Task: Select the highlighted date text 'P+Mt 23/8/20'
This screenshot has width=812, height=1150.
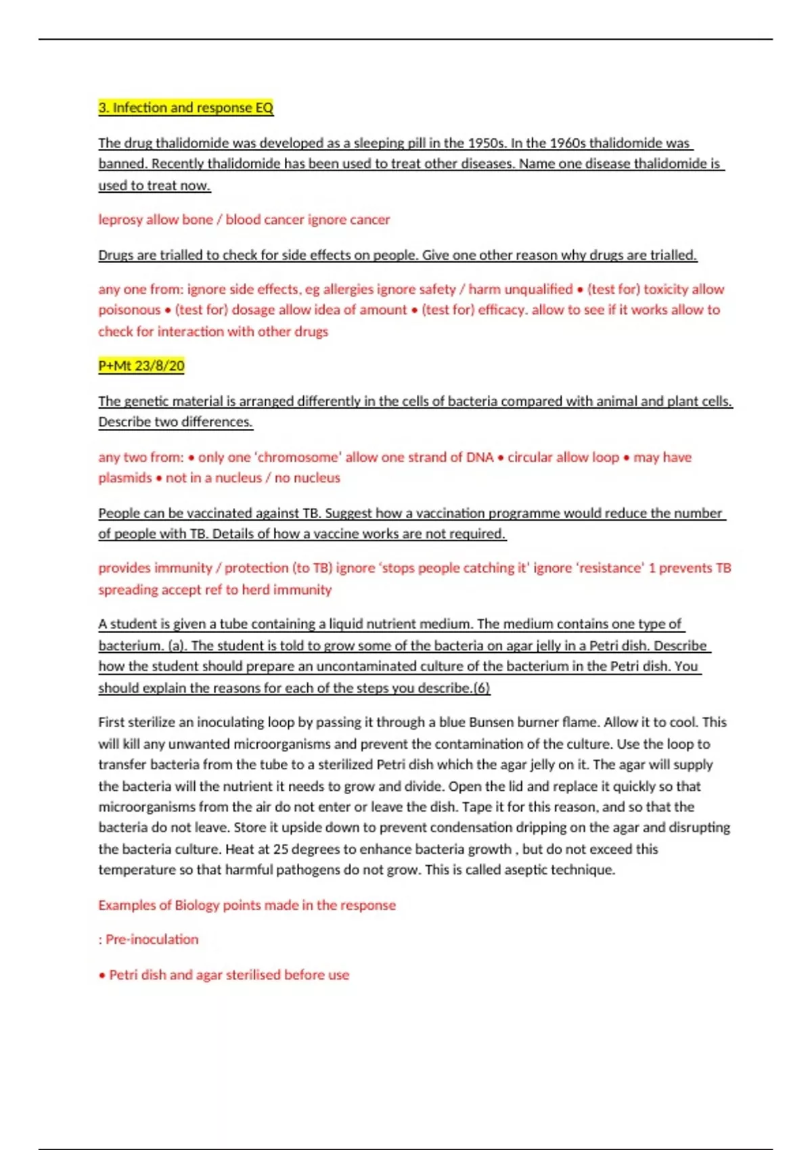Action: click(x=141, y=366)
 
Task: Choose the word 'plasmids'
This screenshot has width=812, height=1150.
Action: click(x=125, y=478)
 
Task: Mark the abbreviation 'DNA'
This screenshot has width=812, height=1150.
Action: click(x=480, y=457)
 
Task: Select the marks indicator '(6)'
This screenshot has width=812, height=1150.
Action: click(x=481, y=688)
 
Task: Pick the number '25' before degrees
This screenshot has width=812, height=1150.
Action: click(x=281, y=849)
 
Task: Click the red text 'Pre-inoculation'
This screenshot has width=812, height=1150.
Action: click(x=152, y=940)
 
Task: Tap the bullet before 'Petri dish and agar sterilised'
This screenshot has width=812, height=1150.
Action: click(x=102, y=975)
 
